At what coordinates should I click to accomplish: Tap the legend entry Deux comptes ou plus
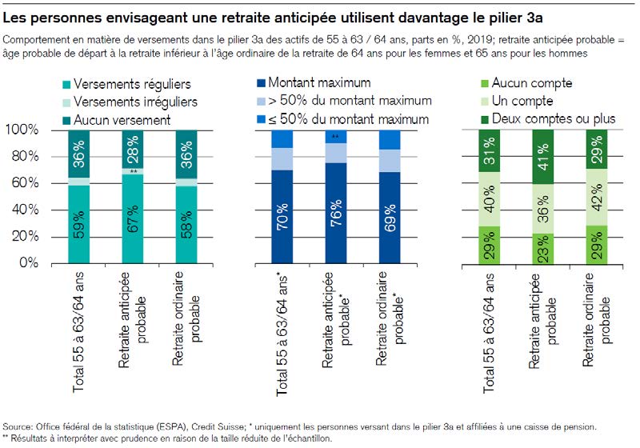pyautogui.click(x=553, y=118)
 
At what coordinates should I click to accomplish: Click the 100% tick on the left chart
pyautogui.click(x=24, y=130)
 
